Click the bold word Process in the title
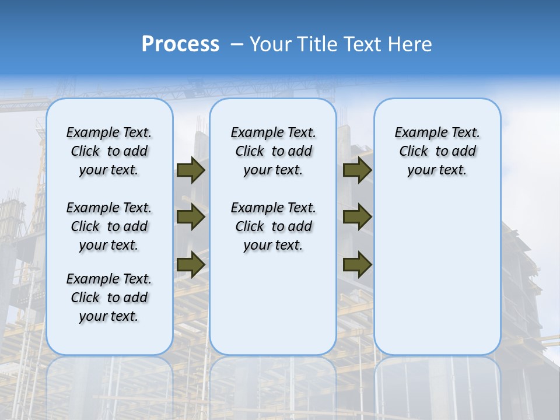180,44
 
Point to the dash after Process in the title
237,45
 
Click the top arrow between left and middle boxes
191,170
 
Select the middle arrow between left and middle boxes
191,217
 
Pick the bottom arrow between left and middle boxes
191,264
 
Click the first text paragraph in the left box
109,151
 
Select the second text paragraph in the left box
109,226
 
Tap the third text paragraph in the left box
109,297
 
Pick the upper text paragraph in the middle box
273,151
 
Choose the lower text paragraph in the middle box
273,226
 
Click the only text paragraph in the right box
437,151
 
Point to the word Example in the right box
416,133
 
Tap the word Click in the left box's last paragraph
85,297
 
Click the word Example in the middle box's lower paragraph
252,208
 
